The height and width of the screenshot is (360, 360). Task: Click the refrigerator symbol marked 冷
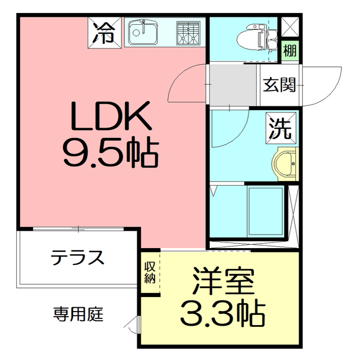[x=105, y=33]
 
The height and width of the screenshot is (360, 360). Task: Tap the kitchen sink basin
[x=143, y=33]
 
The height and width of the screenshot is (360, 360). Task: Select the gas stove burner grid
[x=188, y=33]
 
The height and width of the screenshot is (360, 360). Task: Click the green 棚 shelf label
[x=290, y=51]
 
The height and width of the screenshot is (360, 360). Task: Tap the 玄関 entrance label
[x=279, y=85]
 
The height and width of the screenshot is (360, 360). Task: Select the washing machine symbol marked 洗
[x=281, y=128]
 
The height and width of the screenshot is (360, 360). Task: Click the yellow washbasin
[x=285, y=164]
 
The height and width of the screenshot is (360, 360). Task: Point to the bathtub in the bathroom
[x=265, y=211]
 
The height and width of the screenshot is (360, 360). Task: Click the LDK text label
[x=111, y=116]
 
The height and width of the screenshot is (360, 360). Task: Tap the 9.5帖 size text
[x=111, y=152]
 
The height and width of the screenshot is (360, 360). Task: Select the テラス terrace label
[x=78, y=258]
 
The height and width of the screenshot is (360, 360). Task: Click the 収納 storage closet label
[x=150, y=272]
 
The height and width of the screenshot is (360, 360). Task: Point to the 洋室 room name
[x=223, y=281]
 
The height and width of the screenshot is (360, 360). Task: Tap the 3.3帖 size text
[x=223, y=313]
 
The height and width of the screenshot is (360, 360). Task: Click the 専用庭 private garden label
[x=78, y=314]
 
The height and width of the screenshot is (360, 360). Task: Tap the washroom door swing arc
[x=238, y=138]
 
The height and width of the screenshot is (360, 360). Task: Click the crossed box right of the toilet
[x=290, y=27]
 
